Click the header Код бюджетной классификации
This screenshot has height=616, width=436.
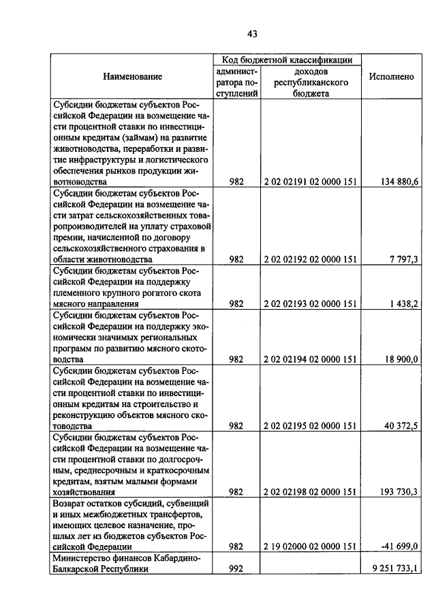pyautogui.click(x=287, y=61)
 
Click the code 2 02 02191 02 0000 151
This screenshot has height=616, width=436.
pyautogui.click(x=310, y=182)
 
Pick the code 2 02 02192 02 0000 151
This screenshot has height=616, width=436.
pyautogui.click(x=310, y=259)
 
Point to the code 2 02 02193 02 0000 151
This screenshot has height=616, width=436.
pyautogui.click(x=310, y=304)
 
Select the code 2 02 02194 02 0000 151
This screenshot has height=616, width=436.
pyautogui.click(x=310, y=359)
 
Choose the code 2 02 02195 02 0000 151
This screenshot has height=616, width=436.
pyautogui.click(x=310, y=425)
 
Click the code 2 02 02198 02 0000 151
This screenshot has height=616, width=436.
pyautogui.click(x=310, y=491)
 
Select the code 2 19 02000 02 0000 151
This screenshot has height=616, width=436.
pyautogui.click(x=310, y=547)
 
